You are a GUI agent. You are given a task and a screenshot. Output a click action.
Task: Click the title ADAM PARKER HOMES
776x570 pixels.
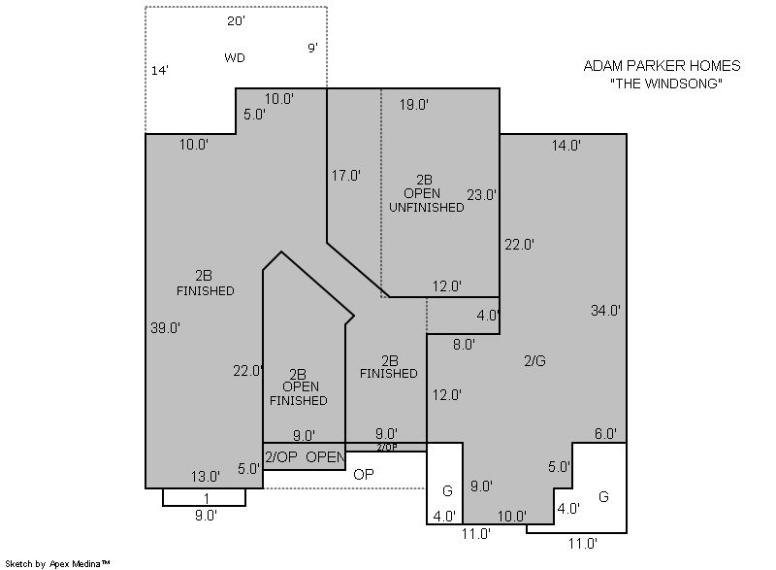coord(662,66)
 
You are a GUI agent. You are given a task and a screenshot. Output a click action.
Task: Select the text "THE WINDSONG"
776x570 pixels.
coord(666,84)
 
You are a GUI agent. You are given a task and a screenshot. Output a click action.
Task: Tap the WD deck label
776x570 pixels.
coord(235,58)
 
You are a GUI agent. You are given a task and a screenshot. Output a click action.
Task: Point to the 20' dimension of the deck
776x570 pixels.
coord(237,21)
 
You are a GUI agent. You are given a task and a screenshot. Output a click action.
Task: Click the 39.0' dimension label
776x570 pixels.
coord(165,328)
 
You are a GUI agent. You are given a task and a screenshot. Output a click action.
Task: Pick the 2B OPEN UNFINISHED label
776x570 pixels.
coord(426,193)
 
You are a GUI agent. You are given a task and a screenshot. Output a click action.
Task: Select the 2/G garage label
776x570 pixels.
coord(535,361)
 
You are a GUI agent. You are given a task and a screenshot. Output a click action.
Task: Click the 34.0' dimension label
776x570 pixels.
coord(605,311)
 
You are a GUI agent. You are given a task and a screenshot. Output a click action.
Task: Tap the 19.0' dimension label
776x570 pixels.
coord(414,105)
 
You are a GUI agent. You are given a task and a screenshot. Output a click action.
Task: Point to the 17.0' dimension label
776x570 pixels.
coord(346,176)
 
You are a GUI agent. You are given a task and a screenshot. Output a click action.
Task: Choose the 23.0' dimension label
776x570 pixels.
coord(481,195)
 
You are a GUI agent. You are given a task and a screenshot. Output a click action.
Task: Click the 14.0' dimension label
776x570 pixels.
coord(566,146)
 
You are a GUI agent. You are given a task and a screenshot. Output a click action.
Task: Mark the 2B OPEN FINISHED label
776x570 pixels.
coord(299,387)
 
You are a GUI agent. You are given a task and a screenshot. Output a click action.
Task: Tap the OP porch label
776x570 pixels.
coord(363,475)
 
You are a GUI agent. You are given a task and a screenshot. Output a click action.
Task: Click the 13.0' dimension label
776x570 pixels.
coord(206,477)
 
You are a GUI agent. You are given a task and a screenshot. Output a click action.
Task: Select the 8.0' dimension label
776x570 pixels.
coord(464,345)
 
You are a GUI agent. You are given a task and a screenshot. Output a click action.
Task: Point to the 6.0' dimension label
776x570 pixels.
coord(605,434)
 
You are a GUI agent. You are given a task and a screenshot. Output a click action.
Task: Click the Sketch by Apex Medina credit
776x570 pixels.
coord(57,563)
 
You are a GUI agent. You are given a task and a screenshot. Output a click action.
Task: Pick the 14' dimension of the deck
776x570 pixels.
coord(160,71)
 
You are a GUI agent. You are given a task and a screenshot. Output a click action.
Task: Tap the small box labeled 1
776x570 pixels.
coord(204,497)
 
